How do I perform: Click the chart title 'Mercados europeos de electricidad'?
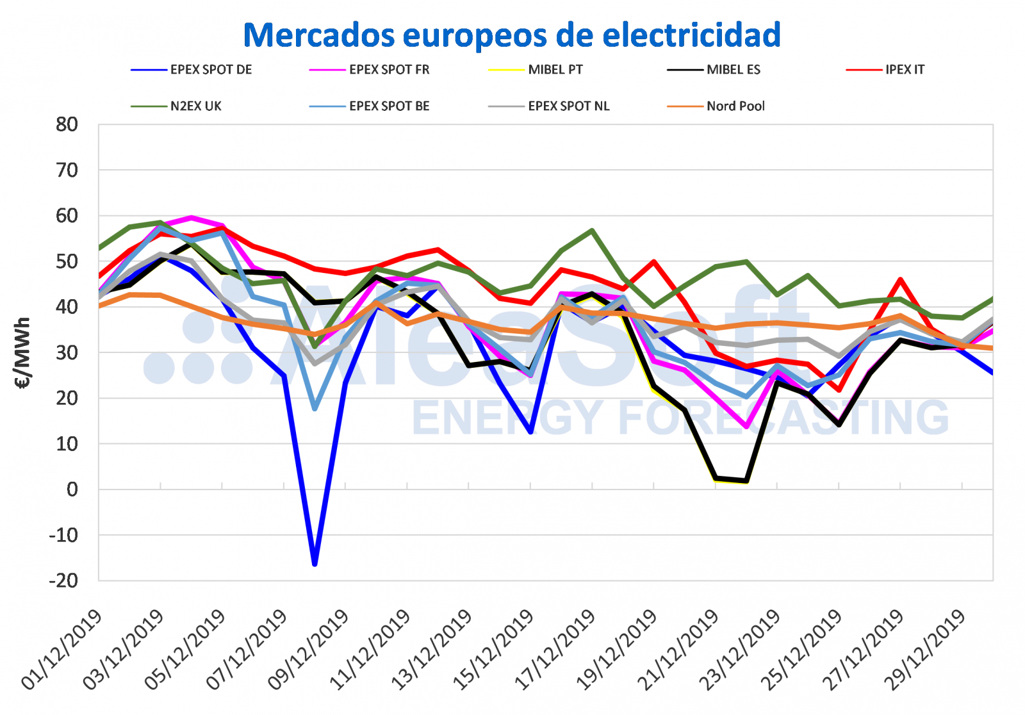512,35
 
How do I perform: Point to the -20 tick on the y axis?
63,580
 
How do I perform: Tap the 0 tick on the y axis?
72,489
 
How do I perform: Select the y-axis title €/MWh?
22,353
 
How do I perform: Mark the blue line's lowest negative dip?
315,564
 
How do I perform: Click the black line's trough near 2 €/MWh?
746,481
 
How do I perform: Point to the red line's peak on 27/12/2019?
901,279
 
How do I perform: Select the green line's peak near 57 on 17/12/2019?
593,230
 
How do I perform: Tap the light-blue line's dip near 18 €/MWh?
315,408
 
